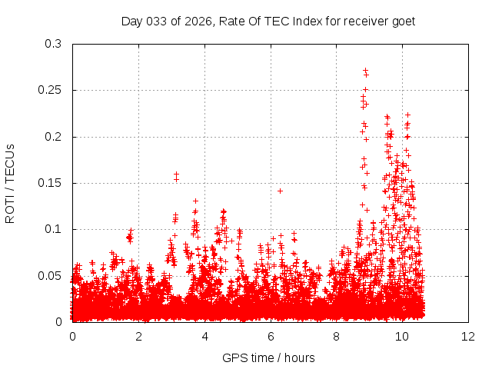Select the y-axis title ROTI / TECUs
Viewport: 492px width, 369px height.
(x=11, y=183)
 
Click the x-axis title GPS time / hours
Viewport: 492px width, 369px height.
(x=268, y=357)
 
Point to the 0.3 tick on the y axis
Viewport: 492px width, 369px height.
(x=53, y=45)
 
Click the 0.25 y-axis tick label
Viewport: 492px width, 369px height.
(x=50, y=91)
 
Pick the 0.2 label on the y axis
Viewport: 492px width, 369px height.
(x=53, y=137)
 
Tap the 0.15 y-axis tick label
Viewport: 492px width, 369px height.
(x=50, y=183)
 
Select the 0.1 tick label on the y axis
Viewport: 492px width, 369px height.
(x=53, y=229)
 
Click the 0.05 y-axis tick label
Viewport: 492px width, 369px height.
(x=50, y=275)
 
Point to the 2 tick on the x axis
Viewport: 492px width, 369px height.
(x=139, y=336)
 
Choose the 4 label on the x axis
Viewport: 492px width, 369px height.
(x=205, y=336)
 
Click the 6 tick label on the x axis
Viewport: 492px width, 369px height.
(x=271, y=336)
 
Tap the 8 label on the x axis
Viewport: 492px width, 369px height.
(x=337, y=336)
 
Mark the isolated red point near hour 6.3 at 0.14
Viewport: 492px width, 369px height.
(x=280, y=191)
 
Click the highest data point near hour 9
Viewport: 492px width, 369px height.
(x=365, y=71)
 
